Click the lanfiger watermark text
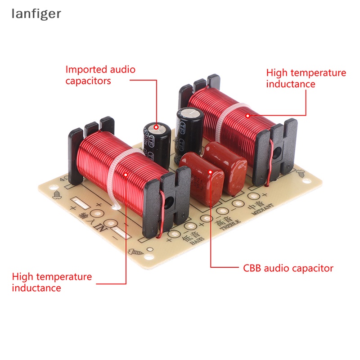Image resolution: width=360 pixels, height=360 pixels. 36,14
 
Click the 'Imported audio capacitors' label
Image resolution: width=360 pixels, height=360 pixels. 100,75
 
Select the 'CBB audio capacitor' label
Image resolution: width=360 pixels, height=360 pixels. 288,269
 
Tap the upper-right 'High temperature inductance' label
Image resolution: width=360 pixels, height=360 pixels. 306,78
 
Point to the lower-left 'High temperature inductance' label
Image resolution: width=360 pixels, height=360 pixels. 52,282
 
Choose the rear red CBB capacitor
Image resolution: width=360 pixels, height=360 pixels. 225,166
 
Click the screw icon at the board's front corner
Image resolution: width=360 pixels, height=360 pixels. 134,253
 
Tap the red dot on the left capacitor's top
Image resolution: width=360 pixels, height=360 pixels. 157,126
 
